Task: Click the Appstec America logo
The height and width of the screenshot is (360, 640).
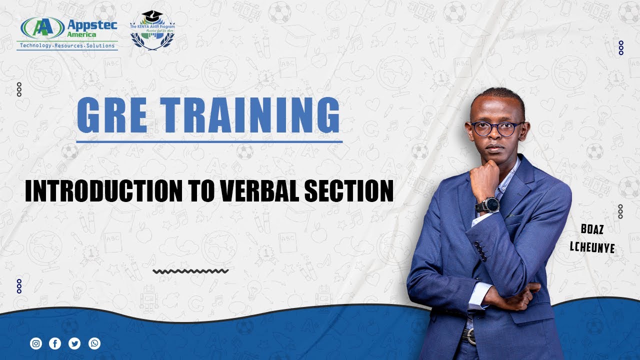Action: point(67,33)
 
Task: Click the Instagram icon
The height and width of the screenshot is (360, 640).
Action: point(36,343)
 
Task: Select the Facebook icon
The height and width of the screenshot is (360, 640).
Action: point(55,343)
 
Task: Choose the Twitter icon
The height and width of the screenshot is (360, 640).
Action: point(74,343)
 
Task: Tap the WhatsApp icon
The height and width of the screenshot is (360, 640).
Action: point(94,343)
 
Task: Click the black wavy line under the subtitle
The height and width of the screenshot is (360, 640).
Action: point(190,271)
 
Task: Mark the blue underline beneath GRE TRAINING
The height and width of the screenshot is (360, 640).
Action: point(209,142)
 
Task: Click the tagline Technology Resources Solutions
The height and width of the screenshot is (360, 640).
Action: point(67,46)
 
